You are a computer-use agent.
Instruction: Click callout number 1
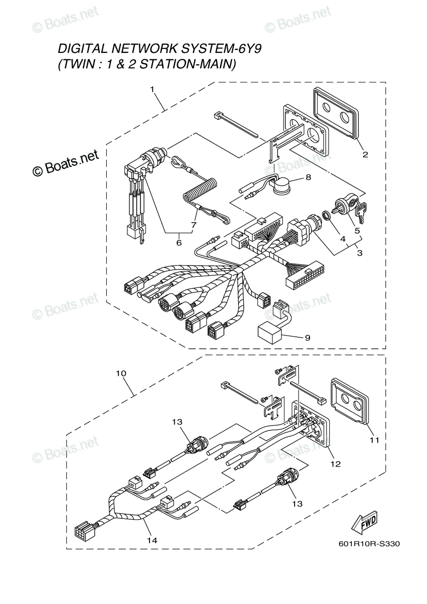click(x=153, y=89)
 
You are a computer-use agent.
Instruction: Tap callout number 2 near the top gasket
click(x=365, y=155)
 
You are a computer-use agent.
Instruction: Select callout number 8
click(x=308, y=177)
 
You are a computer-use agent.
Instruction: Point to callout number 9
click(x=308, y=338)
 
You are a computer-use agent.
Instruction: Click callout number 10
click(x=121, y=373)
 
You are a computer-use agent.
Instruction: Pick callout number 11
click(x=375, y=440)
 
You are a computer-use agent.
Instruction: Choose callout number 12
click(x=336, y=464)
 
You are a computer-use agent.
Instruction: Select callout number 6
click(x=179, y=243)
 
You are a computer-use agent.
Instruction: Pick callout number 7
click(x=194, y=224)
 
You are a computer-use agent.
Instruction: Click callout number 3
click(x=360, y=253)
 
